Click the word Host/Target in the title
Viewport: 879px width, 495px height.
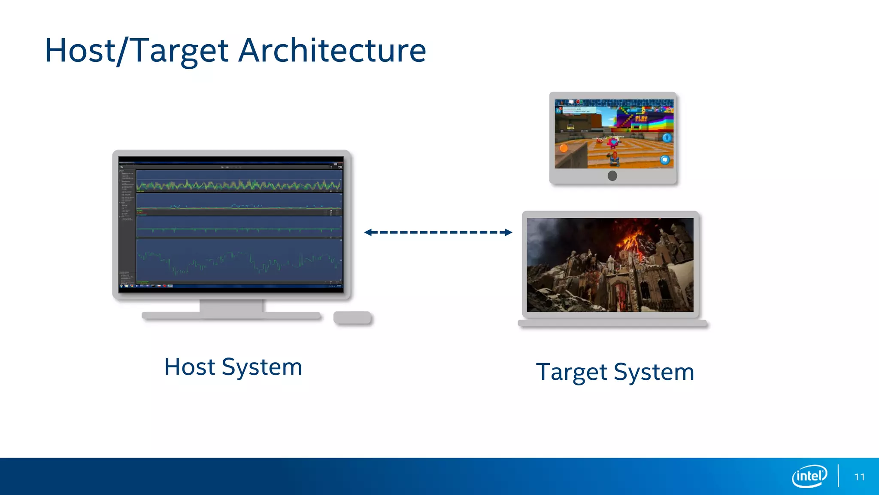136,51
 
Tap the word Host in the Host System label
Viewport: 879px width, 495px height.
189,367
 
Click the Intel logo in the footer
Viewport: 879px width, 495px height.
809,476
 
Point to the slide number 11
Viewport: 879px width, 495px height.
859,477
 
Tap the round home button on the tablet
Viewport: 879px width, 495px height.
612,176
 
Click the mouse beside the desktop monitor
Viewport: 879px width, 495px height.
352,318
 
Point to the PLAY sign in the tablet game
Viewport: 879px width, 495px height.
641,118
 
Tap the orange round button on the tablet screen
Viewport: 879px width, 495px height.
564,148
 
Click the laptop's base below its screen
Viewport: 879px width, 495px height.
612,323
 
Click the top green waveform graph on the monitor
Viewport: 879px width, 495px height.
239,185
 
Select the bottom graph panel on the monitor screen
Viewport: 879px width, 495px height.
239,260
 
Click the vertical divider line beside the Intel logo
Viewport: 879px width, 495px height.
838,476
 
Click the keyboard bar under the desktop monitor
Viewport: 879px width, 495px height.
231,316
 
